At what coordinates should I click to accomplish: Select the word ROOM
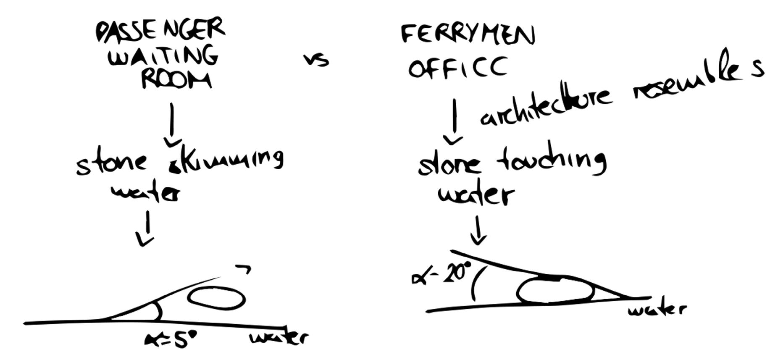click(x=176, y=80)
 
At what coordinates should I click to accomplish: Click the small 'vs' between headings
click(x=316, y=61)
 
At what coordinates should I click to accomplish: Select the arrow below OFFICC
click(x=453, y=122)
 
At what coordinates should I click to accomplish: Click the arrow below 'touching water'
click(x=478, y=231)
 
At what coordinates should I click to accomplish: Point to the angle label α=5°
click(x=170, y=340)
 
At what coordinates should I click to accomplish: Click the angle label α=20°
click(x=439, y=275)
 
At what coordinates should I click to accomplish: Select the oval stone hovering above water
click(x=216, y=298)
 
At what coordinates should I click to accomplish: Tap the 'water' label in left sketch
click(x=278, y=338)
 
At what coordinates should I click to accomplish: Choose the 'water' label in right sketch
click(x=657, y=310)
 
